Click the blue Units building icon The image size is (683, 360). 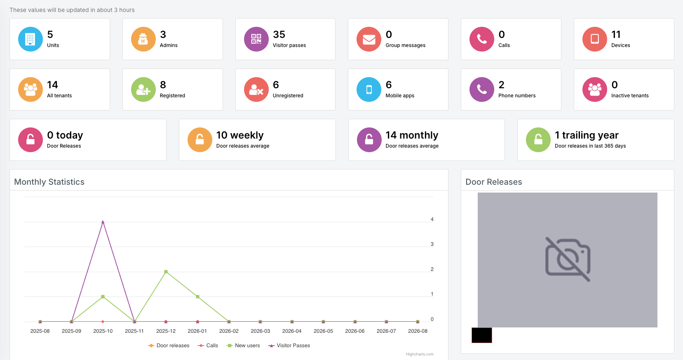tap(30, 39)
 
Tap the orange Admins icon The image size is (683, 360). tap(143, 39)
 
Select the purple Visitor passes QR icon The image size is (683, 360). tap(256, 39)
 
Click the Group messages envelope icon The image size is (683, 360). tap(369, 39)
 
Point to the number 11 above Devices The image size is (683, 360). tap(616, 35)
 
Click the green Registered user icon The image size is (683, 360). tap(143, 89)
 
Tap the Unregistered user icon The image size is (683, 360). tap(256, 89)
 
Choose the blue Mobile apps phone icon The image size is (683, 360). tap(369, 89)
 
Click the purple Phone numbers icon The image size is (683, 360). tap(482, 89)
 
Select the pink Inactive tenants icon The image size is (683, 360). tap(594, 89)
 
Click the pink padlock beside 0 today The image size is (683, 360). tap(30, 140)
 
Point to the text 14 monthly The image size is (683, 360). tap(412, 135)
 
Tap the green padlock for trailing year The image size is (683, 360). tap(538, 140)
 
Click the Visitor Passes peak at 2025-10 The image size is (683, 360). tap(103, 222)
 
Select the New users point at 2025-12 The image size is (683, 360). tap(166, 271)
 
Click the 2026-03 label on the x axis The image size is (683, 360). tap(261, 331)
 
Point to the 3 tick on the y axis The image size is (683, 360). tap(432, 244)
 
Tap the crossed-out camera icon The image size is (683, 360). tap(568, 259)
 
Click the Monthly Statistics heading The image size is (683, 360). tap(49, 182)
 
